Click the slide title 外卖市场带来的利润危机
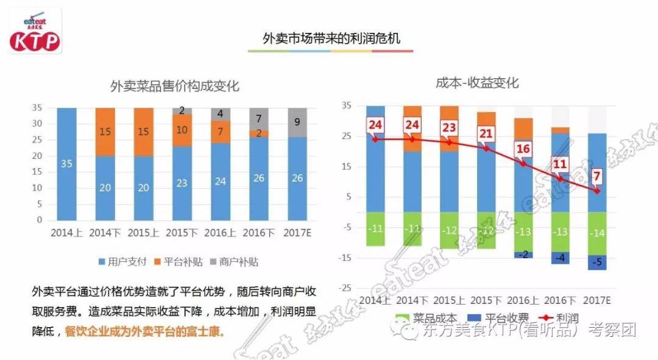(331, 38)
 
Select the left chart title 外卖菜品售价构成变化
(174, 86)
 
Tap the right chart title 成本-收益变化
(477, 83)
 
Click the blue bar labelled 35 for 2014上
(66, 163)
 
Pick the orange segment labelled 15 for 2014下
(105, 132)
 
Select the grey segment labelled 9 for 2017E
(296, 122)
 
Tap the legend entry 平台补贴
(178, 262)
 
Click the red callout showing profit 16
(523, 149)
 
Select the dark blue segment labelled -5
(597, 263)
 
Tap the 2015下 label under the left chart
(182, 232)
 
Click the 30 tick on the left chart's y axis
(38, 124)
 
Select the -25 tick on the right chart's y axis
(345, 287)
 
